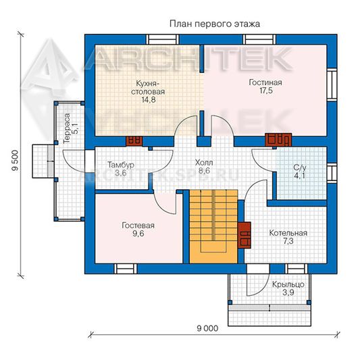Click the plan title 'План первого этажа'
click(x=215, y=24)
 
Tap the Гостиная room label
click(x=265, y=82)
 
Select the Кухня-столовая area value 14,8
click(x=149, y=100)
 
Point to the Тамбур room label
click(x=121, y=165)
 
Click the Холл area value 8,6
click(x=204, y=171)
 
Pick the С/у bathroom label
click(x=300, y=168)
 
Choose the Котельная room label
click(x=288, y=233)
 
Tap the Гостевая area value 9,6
click(x=138, y=234)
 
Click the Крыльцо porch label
click(x=288, y=285)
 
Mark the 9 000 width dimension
click(x=207, y=328)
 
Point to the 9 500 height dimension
click(x=15, y=161)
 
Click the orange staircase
click(x=213, y=226)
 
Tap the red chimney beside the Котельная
click(x=244, y=235)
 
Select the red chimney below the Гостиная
click(x=278, y=140)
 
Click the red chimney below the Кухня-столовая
click(x=134, y=141)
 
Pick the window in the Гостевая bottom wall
click(x=126, y=269)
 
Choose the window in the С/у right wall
click(x=332, y=173)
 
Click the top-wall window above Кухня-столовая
click(x=163, y=39)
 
